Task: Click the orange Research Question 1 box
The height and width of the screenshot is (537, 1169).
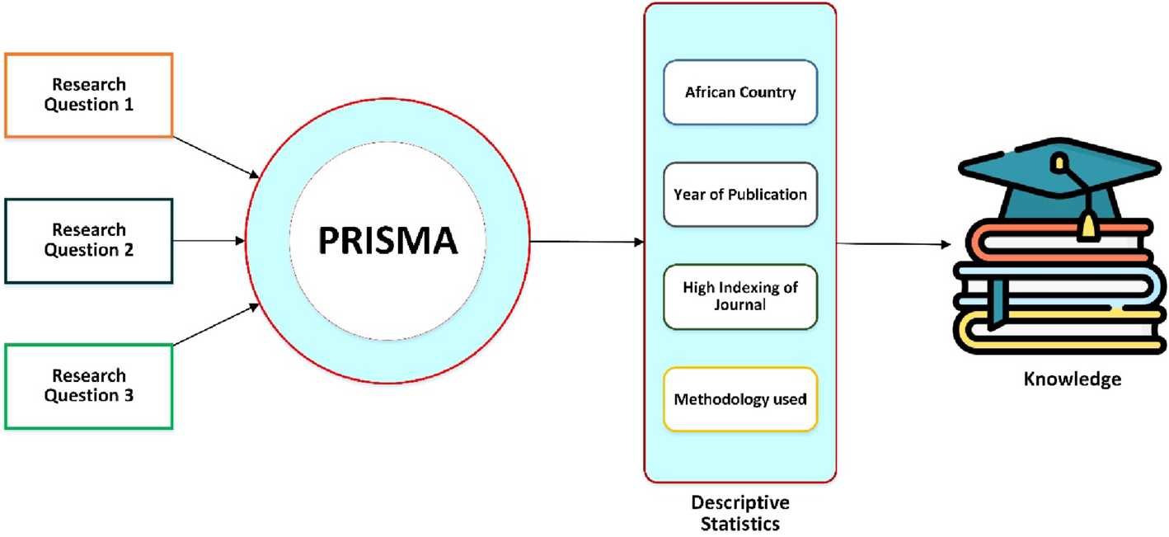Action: click(x=88, y=95)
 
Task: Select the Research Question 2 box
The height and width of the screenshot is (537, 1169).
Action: click(x=88, y=240)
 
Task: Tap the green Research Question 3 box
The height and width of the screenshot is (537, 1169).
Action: click(x=88, y=386)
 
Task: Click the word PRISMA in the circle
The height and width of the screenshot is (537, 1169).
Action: click(x=387, y=241)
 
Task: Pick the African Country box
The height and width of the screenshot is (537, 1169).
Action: click(x=739, y=92)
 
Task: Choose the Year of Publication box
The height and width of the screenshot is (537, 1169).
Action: click(x=739, y=195)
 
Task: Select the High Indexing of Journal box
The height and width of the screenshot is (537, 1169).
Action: click(x=739, y=296)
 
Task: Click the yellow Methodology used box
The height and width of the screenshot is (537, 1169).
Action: click(x=739, y=399)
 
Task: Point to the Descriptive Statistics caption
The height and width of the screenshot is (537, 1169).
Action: click(x=739, y=512)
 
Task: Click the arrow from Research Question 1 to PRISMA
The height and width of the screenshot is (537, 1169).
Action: click(x=216, y=156)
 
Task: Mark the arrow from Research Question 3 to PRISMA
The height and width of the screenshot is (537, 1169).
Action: click(x=216, y=325)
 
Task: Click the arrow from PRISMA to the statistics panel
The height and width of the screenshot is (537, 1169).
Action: click(x=586, y=242)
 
